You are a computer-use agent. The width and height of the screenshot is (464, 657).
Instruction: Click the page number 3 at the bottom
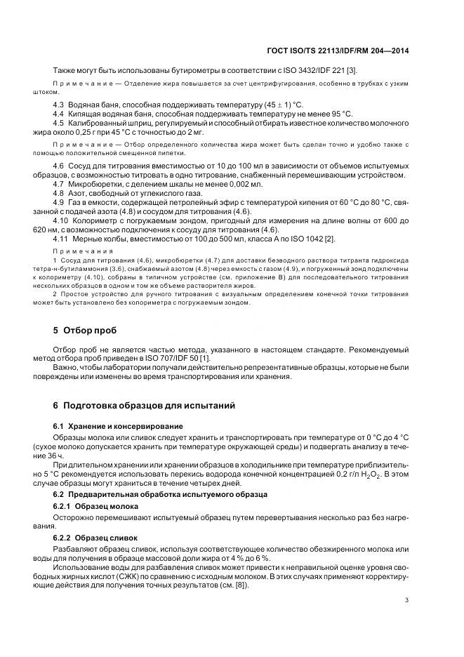click(406, 599)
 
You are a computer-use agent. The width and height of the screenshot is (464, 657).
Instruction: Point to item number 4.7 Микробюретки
click(60, 183)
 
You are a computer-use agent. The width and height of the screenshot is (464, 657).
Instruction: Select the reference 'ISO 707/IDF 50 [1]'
click(174, 359)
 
